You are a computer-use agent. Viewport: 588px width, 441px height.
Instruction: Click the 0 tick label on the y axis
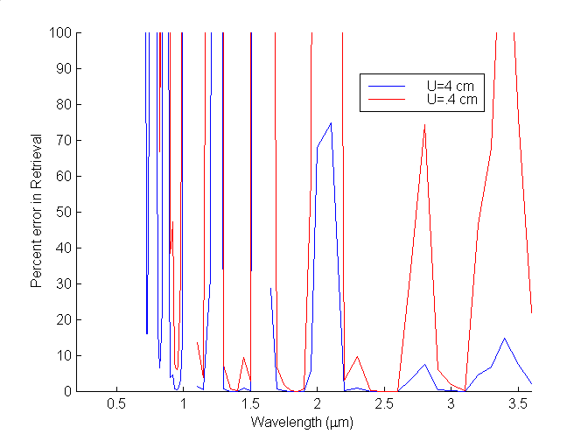click(x=67, y=391)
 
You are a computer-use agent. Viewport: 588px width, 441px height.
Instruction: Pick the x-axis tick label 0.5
click(x=115, y=404)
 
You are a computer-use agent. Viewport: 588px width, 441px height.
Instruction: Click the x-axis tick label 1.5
click(x=249, y=404)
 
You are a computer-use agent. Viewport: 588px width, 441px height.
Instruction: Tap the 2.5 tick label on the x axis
click(x=383, y=404)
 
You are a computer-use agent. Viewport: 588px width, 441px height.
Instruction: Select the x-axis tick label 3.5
click(x=517, y=404)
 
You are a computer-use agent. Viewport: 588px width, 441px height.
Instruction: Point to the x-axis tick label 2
click(x=317, y=404)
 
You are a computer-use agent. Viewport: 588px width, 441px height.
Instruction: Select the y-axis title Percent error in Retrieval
click(x=37, y=212)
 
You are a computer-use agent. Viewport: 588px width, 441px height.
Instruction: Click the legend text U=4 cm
click(x=451, y=87)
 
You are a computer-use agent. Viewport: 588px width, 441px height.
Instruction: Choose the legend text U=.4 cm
click(x=451, y=100)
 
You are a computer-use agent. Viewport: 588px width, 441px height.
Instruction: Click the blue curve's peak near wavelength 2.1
click(x=331, y=122)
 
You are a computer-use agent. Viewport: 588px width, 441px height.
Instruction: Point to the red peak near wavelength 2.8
click(x=424, y=125)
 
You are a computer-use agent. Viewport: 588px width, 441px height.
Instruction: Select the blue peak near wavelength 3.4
click(x=504, y=338)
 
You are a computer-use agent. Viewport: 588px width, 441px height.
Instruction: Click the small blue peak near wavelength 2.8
click(x=424, y=364)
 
